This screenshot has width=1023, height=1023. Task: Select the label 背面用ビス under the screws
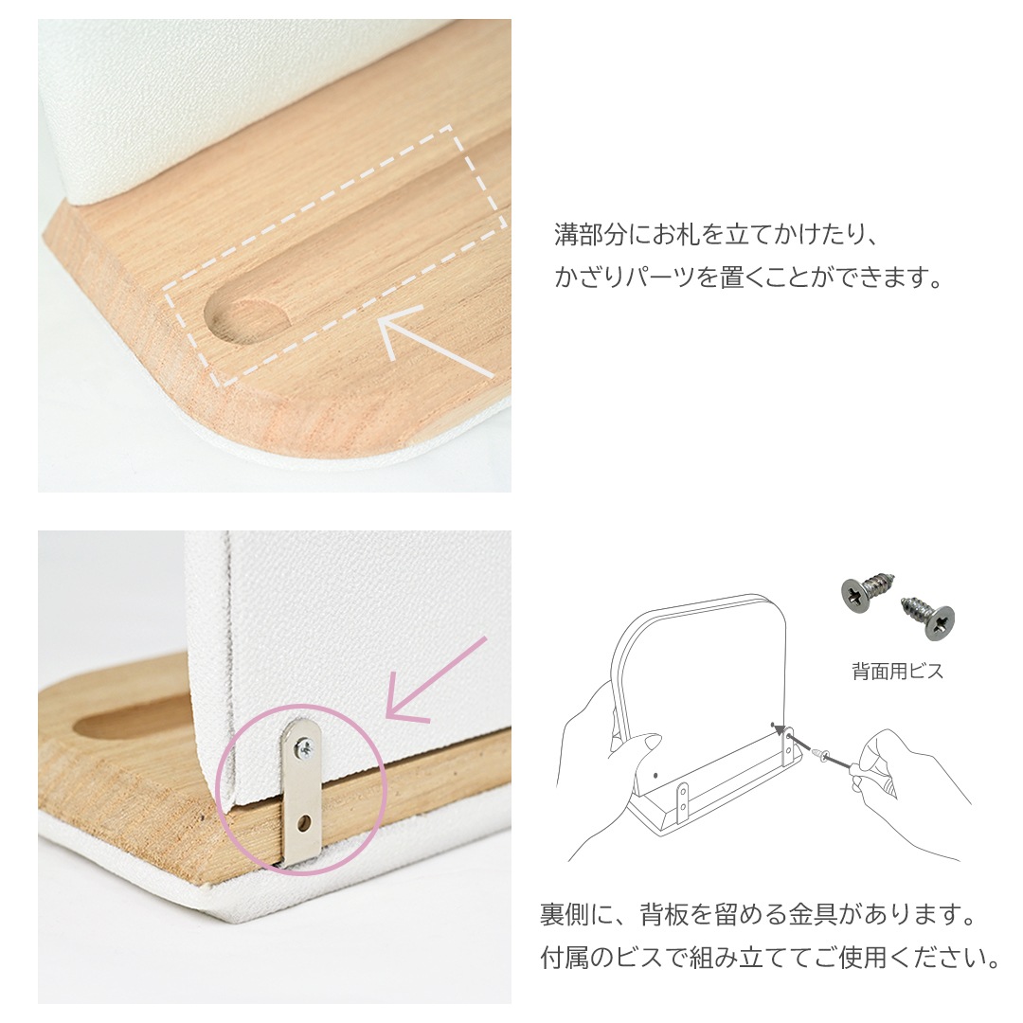tap(897, 673)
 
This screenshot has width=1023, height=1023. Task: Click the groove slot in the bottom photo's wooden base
tap(133, 726)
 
